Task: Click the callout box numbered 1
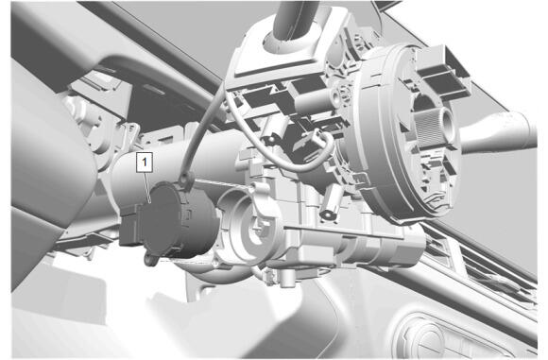click(x=145, y=163)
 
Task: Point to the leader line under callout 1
click(x=147, y=187)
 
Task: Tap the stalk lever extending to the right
click(x=500, y=131)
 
